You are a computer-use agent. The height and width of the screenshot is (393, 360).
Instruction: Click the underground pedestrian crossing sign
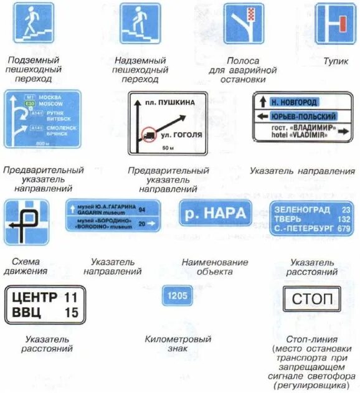(34, 23)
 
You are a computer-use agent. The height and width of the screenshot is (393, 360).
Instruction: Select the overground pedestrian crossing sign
(140, 24)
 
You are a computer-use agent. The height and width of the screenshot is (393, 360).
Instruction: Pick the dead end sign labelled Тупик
(335, 24)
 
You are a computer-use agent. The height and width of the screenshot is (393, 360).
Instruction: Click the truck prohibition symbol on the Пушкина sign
(148, 133)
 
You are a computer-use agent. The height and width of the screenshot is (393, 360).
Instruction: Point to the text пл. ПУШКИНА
(169, 102)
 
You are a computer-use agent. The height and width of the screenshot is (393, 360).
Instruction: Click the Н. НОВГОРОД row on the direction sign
(299, 102)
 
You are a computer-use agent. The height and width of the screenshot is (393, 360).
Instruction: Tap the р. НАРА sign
(216, 213)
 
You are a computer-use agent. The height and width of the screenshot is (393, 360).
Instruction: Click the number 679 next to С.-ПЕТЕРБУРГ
(343, 229)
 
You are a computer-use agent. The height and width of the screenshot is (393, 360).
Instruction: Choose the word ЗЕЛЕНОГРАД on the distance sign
(302, 210)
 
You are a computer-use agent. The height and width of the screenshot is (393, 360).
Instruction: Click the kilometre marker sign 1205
(178, 295)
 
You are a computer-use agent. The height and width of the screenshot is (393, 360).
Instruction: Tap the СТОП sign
(312, 299)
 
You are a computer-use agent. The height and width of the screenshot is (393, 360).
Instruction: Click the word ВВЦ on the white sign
(27, 313)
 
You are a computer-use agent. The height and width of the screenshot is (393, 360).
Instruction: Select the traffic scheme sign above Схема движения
(26, 222)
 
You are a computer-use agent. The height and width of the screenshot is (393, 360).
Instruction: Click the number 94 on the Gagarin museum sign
(141, 210)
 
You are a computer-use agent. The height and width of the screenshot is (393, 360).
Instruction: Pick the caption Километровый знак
(178, 344)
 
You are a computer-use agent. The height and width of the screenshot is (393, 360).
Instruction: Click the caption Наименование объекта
(215, 267)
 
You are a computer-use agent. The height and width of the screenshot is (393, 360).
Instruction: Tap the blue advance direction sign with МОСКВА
(42, 119)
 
